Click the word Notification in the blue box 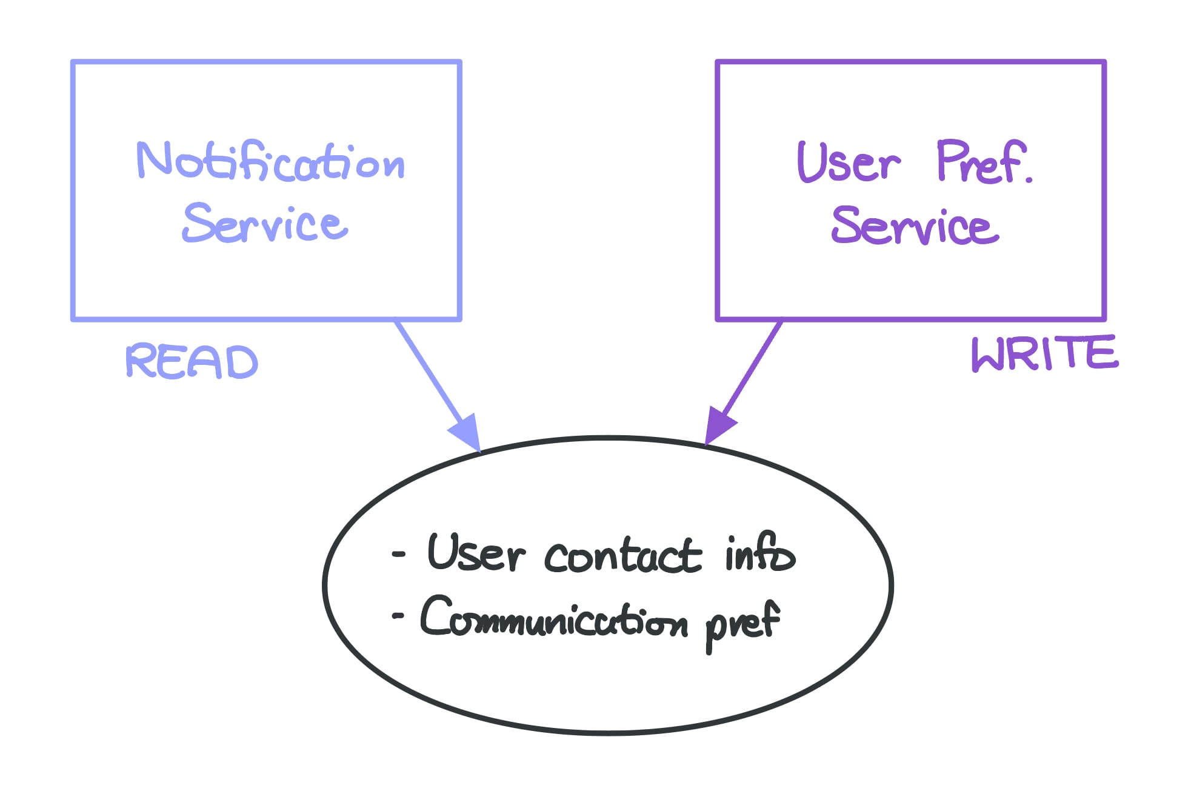[270, 161]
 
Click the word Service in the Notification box [265, 223]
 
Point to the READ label [192, 362]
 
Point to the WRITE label [1044, 354]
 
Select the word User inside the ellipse [475, 553]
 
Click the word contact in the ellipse [622, 556]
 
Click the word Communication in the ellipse [554, 618]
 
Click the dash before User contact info [398, 554]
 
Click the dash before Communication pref [398, 616]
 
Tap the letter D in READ [242, 363]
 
